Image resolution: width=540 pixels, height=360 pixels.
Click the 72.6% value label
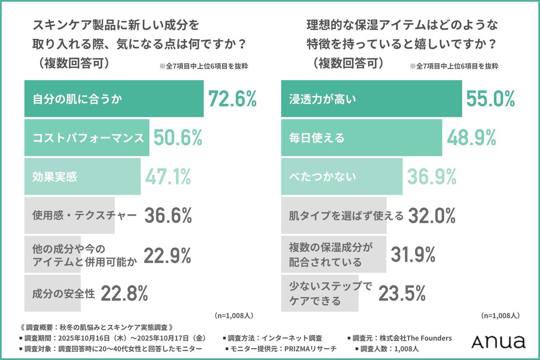232,99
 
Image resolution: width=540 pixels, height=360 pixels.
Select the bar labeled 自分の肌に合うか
114,99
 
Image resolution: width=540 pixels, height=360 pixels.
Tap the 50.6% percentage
178,138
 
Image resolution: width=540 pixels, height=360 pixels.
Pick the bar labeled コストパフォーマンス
87,138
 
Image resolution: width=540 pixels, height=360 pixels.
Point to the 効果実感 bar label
55,177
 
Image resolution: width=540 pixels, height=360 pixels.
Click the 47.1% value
168,177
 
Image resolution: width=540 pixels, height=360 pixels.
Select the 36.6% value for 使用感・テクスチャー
168,216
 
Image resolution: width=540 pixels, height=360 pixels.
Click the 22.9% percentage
167,255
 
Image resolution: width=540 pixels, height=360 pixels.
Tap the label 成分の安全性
64,293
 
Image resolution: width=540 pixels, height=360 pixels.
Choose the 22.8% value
124,293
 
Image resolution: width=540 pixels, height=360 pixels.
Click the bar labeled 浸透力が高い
371,99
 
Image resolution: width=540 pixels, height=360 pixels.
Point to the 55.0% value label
490,99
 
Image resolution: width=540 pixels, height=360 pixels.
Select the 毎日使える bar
362,138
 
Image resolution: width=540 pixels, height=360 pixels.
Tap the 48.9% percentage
472,138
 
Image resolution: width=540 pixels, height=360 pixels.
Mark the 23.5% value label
402,293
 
